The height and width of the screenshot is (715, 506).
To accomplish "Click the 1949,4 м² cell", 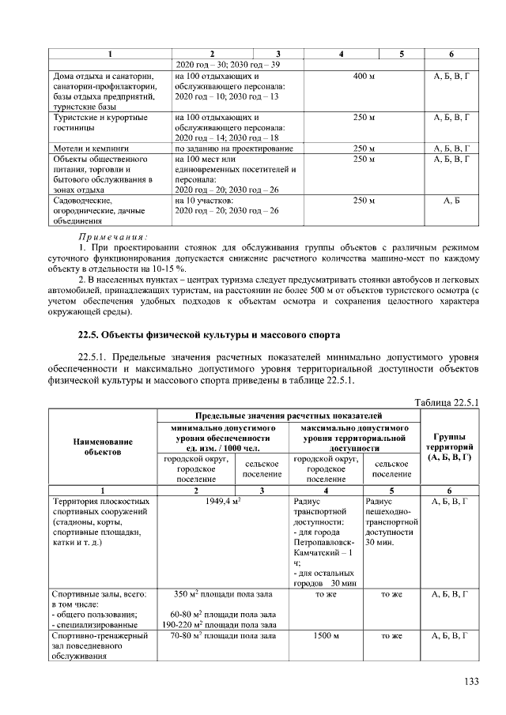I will click(x=222, y=501).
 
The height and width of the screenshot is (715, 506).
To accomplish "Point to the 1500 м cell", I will click(x=326, y=634).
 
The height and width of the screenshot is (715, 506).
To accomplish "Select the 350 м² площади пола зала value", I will click(x=222, y=593).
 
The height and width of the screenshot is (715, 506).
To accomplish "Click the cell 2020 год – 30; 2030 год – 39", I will click(x=227, y=64).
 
